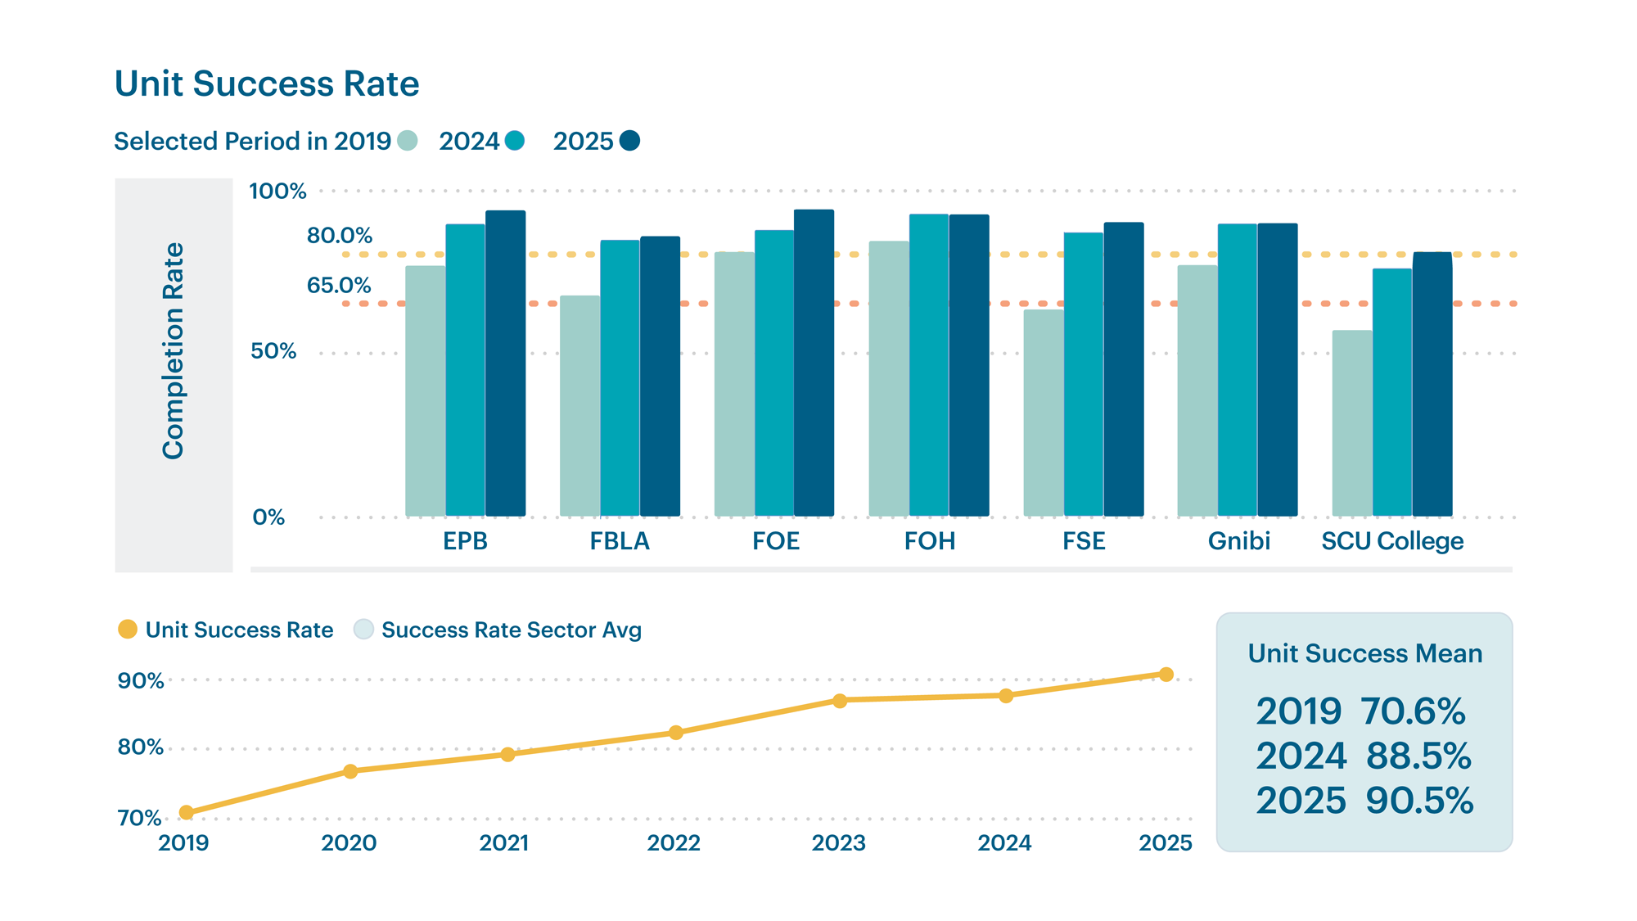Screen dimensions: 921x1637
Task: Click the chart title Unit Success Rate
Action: (x=266, y=84)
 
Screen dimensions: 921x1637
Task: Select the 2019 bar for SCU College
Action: (x=1351, y=423)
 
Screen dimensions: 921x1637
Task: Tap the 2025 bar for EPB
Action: (x=505, y=363)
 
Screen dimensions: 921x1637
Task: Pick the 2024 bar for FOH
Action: (x=928, y=365)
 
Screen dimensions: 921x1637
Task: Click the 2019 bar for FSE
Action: (x=1043, y=413)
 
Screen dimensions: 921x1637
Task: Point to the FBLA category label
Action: (x=620, y=541)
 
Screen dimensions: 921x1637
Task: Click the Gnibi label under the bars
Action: (x=1238, y=541)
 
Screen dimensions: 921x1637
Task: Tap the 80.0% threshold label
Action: (x=339, y=236)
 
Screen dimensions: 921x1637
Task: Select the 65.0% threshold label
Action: (x=339, y=286)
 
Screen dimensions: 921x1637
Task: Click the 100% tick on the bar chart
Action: (x=277, y=192)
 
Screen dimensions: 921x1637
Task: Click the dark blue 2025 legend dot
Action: (x=629, y=141)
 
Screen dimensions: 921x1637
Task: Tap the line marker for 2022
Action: (x=675, y=733)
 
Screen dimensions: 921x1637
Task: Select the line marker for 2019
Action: (x=186, y=812)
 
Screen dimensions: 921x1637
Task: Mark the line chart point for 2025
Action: (x=1166, y=675)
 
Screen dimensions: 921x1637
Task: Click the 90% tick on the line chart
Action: (x=140, y=681)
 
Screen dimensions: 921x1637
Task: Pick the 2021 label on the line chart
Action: (x=504, y=843)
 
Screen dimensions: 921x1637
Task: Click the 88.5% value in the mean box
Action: (x=1418, y=756)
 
